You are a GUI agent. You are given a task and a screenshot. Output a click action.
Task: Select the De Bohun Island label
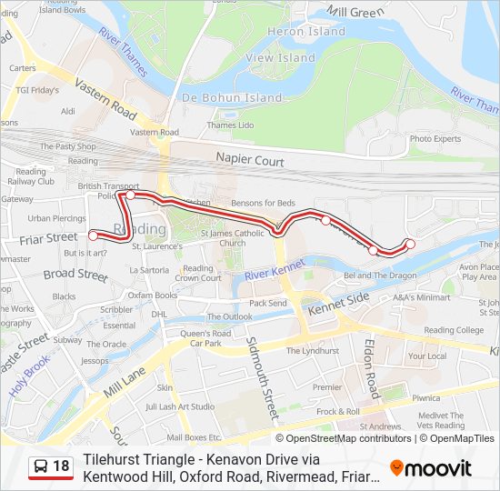(x=233, y=97)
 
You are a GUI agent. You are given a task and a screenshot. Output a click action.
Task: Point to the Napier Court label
(x=250, y=160)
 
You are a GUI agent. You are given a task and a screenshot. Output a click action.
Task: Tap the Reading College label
(x=454, y=330)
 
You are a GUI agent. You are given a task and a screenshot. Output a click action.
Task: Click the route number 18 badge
(x=61, y=466)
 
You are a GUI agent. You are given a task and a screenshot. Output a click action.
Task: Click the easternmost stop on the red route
(x=410, y=243)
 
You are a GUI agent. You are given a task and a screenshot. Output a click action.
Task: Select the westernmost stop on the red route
(x=93, y=235)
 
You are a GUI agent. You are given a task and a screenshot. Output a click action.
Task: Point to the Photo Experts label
(x=435, y=138)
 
